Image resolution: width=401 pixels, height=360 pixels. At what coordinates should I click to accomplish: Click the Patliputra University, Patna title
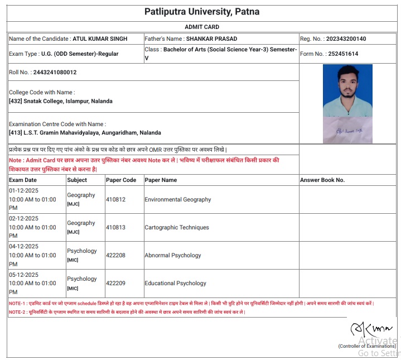201,12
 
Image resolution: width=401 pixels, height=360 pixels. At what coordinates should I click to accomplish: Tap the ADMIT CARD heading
201,27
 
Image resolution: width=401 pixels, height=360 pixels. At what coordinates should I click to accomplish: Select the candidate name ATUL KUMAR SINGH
100,39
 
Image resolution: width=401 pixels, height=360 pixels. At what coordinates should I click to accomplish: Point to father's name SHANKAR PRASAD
211,39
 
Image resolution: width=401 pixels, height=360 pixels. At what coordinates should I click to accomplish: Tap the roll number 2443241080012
55,73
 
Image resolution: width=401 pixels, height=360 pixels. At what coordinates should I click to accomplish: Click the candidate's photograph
347,90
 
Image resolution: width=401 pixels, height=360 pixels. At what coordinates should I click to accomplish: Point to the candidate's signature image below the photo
347,130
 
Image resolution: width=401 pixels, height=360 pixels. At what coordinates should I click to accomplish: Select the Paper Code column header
121,180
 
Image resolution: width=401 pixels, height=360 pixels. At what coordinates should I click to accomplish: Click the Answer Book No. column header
322,180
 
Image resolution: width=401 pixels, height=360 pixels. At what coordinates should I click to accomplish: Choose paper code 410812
116,199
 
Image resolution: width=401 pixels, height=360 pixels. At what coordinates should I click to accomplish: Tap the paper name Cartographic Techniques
177,227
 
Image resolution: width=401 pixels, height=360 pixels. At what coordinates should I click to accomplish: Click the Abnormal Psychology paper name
173,255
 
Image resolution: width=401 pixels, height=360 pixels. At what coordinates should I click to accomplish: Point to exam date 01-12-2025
24,190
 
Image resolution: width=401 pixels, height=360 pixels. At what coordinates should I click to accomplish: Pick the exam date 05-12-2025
24,274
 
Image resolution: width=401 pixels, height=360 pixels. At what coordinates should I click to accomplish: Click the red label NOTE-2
18,312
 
